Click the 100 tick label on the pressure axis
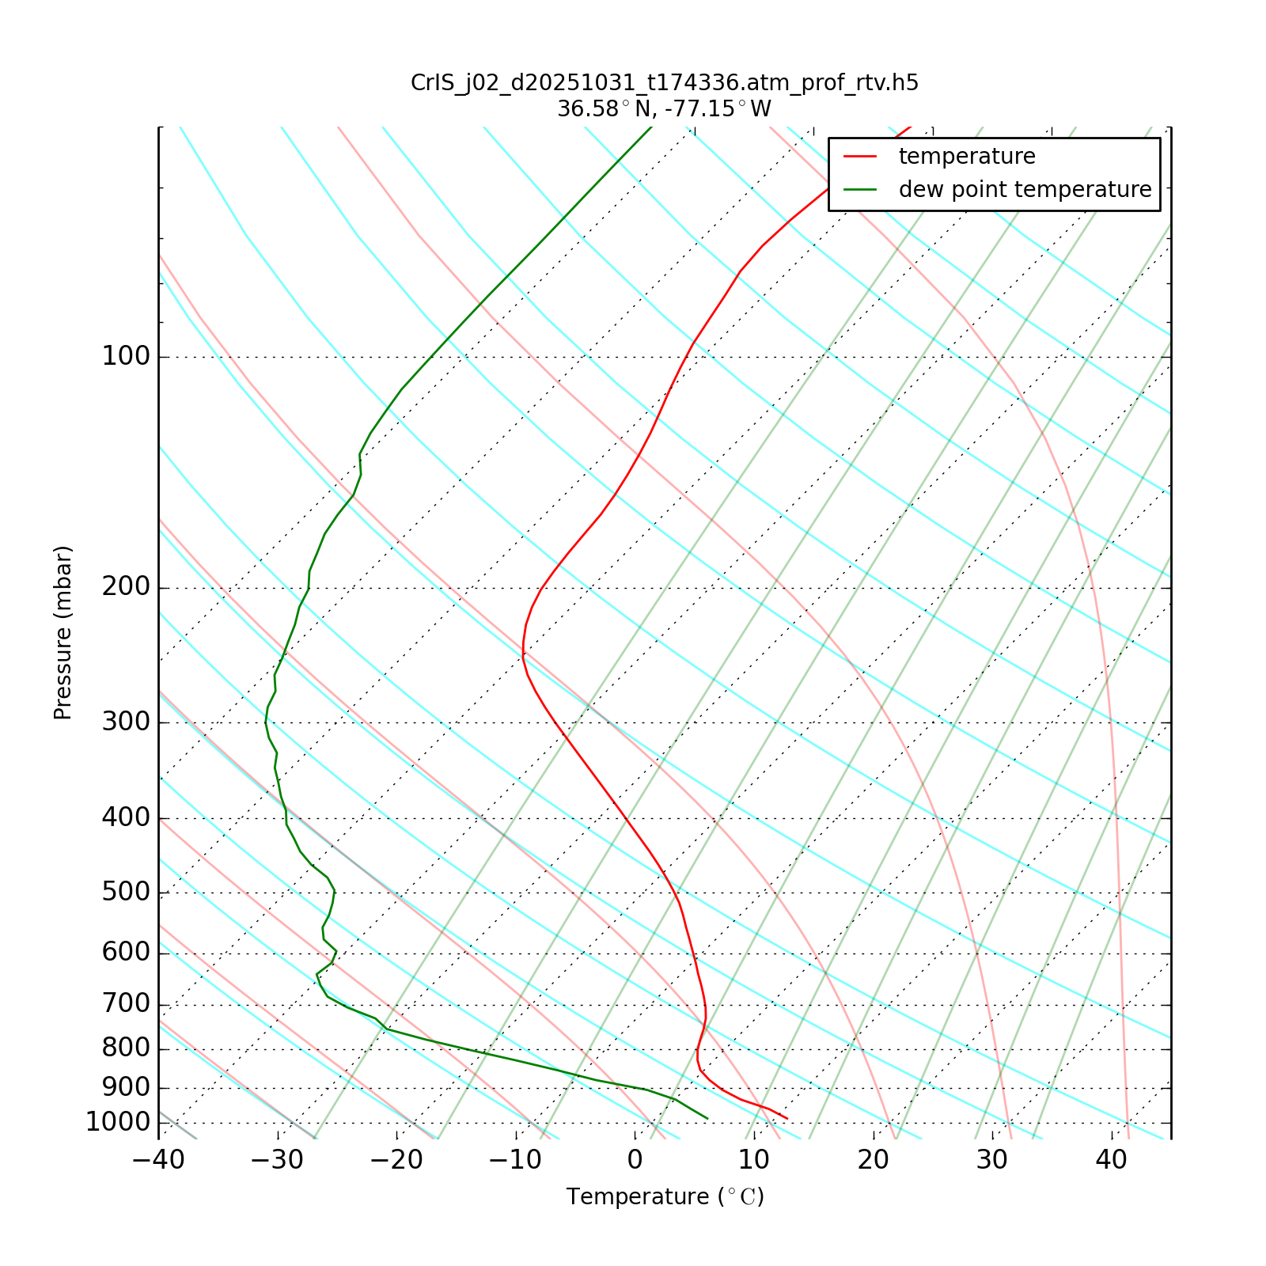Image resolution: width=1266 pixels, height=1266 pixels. [x=126, y=357]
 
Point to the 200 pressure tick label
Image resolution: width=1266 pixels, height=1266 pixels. [x=126, y=588]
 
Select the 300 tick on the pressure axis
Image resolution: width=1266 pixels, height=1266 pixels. [x=126, y=722]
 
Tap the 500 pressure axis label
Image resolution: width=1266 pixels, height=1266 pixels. [x=126, y=893]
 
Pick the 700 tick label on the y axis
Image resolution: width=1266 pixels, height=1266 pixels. [x=126, y=1004]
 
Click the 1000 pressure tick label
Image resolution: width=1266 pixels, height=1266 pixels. [x=118, y=1122]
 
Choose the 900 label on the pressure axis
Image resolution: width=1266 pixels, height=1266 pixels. [x=126, y=1087]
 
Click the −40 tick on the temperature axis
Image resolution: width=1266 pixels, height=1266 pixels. [x=158, y=1160]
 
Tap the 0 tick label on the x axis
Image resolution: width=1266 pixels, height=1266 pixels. [x=635, y=1160]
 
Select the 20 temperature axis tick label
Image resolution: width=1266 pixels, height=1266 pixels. [x=873, y=1160]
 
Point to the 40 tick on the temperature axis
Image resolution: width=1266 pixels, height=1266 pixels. [x=1111, y=1160]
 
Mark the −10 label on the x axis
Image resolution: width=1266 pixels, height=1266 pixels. [x=515, y=1160]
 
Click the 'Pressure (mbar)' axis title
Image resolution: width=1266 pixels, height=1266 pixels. [x=63, y=633]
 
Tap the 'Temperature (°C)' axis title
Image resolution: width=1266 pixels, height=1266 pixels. [x=665, y=1197]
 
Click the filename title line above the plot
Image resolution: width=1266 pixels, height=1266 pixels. [x=665, y=83]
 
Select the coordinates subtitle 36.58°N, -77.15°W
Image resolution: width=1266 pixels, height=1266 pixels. [x=665, y=109]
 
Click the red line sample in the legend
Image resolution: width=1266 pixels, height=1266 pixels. [x=860, y=157]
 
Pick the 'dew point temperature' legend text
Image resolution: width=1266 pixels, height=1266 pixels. [x=1025, y=190]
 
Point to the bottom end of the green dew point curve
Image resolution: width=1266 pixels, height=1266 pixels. [x=707, y=1119]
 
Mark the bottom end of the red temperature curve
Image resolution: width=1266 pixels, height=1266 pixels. [x=787, y=1119]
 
